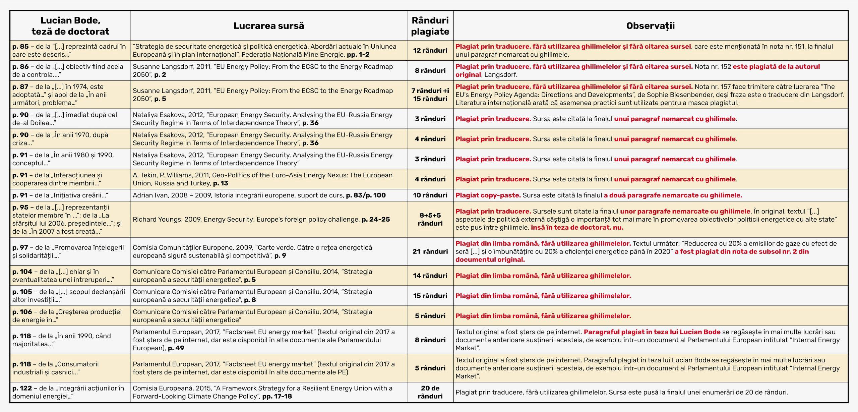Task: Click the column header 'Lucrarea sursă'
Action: coord(268,26)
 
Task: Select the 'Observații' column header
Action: coord(650,26)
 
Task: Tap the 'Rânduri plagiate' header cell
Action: coord(430,26)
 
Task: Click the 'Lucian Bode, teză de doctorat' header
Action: coord(70,26)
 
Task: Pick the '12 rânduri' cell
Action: coord(430,51)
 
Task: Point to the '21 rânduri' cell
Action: coord(430,251)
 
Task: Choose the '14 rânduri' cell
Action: coord(430,276)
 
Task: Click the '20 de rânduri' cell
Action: coord(430,392)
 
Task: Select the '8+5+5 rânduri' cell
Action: coord(430,219)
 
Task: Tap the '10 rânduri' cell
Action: coord(430,195)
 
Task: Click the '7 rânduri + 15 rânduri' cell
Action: coord(430,95)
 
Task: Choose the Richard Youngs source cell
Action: coord(261,220)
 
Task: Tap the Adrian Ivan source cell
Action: coord(259,195)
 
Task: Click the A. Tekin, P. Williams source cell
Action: coord(262,179)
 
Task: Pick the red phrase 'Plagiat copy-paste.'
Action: coord(488,195)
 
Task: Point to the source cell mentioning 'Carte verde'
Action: coord(252,251)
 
